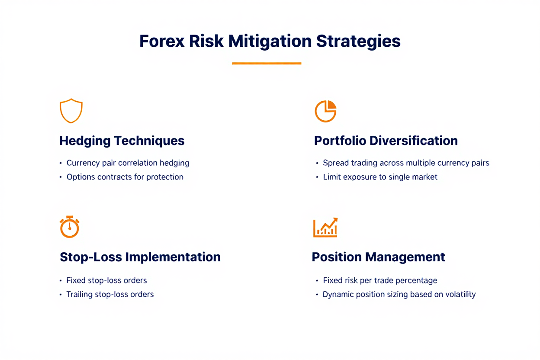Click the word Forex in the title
coord(162,41)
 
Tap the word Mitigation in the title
coord(270,42)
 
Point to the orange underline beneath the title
coord(267,64)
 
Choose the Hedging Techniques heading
coord(122,141)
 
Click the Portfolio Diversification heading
coord(386,141)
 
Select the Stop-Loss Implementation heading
coord(140,257)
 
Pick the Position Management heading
coord(379,257)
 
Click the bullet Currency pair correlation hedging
coord(128,163)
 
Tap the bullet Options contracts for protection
coord(125,177)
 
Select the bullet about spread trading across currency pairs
coord(406,163)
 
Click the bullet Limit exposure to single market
coord(380,177)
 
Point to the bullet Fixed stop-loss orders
coord(106,280)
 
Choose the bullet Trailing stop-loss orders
coord(110,294)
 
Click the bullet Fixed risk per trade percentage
coord(380,280)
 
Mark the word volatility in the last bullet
coord(460,294)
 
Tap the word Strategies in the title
coord(358,42)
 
